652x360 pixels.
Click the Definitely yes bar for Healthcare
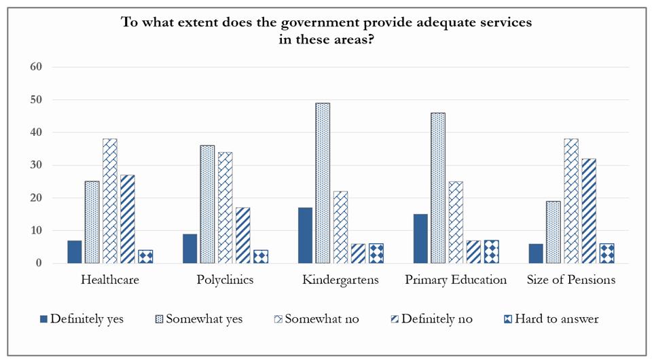[x=75, y=252]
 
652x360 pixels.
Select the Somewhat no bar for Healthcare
[x=110, y=201]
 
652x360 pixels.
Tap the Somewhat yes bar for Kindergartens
[x=323, y=183]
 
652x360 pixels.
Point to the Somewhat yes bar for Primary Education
[x=438, y=188]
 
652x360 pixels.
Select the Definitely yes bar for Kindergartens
[x=305, y=235]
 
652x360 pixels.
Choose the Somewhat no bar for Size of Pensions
[x=572, y=201]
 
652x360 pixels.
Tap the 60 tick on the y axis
[x=36, y=67]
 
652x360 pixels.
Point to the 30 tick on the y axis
[x=36, y=165]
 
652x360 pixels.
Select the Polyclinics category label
[x=225, y=280]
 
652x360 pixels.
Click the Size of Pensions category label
[x=572, y=280]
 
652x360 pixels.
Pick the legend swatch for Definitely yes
[x=44, y=319]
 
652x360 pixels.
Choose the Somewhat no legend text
[x=323, y=319]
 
